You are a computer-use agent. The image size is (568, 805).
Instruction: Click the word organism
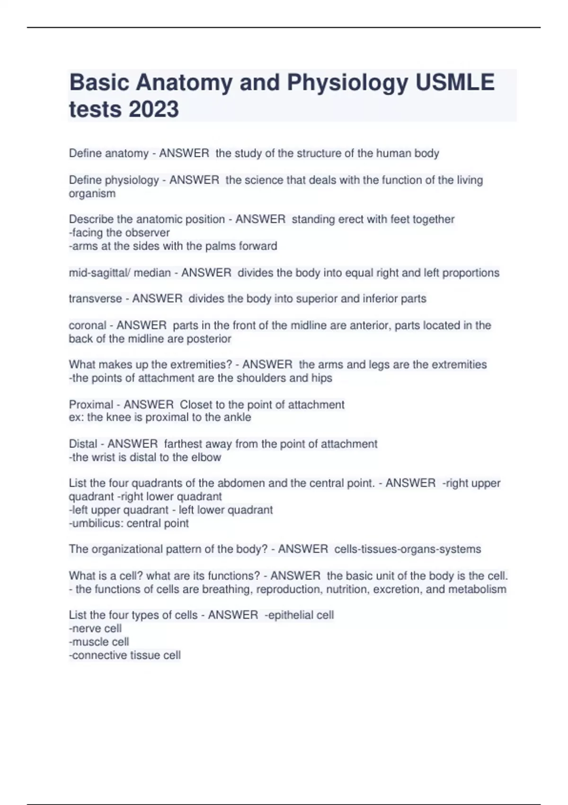tap(92, 194)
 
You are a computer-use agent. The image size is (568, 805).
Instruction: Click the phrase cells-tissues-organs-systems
tap(408, 549)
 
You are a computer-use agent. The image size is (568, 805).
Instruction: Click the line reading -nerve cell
tap(95, 629)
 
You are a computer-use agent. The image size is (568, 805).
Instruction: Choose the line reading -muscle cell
tap(99, 642)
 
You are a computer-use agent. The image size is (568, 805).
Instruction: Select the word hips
tap(322, 378)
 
